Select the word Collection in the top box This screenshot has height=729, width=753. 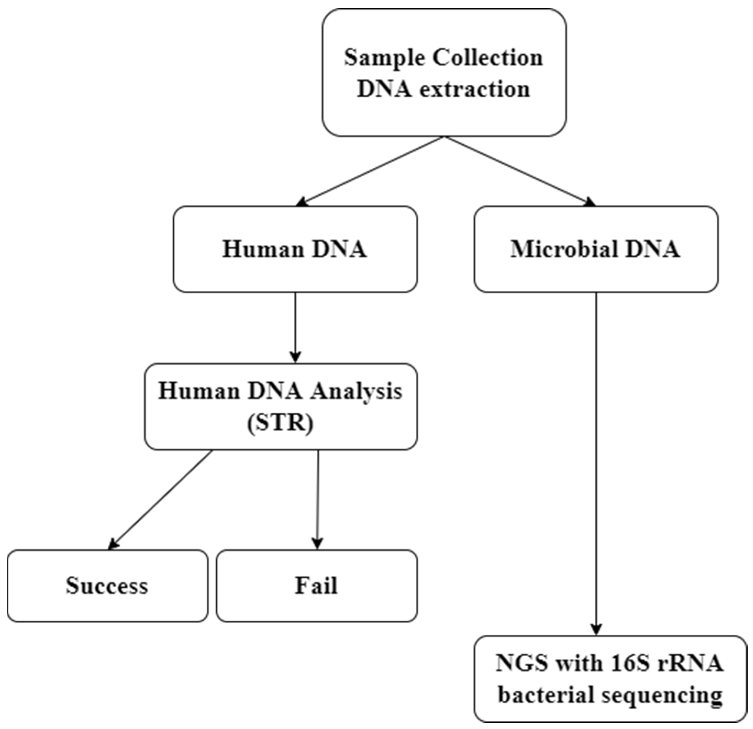(x=488, y=58)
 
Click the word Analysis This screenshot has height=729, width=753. (x=356, y=391)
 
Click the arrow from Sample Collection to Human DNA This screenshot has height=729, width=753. (x=371, y=171)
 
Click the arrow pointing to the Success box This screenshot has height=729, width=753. (x=161, y=499)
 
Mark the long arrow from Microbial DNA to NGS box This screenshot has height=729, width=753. (x=596, y=461)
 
